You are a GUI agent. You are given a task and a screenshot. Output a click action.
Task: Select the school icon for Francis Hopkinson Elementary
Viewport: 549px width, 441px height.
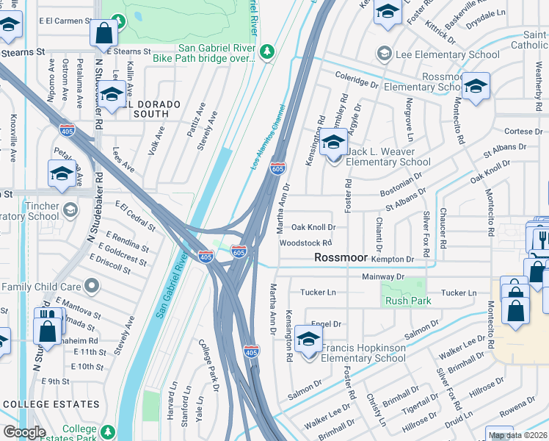click(309, 340)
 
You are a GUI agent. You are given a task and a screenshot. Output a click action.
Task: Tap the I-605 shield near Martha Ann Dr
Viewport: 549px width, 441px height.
click(277, 169)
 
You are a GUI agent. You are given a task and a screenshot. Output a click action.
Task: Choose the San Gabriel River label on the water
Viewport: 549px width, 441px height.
click(171, 282)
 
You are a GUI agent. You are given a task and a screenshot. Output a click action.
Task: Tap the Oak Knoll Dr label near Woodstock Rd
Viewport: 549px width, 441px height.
click(313, 228)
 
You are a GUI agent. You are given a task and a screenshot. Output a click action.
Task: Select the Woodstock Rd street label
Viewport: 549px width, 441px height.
click(306, 243)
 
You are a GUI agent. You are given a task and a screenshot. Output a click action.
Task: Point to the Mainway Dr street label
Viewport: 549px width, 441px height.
click(383, 276)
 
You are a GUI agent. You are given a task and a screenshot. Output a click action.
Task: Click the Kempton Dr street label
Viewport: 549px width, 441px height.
click(393, 259)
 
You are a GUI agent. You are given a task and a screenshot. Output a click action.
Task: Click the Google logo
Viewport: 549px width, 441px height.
click(24, 432)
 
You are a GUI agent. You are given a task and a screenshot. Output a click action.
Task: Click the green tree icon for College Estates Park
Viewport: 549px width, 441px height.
click(109, 430)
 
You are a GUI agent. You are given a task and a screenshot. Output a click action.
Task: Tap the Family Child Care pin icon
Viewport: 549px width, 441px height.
click(91, 284)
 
